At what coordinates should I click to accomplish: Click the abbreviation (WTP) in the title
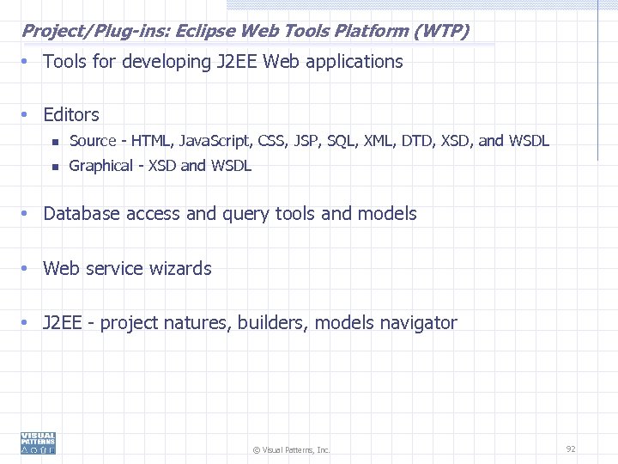pyautogui.click(x=441, y=32)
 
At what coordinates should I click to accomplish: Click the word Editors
pyautogui.click(x=71, y=114)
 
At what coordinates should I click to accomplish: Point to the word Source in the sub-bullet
pyautogui.click(x=92, y=141)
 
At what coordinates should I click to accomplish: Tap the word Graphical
pyautogui.click(x=100, y=166)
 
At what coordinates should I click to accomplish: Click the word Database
pyautogui.click(x=82, y=214)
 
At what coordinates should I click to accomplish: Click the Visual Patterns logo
pyautogui.click(x=39, y=443)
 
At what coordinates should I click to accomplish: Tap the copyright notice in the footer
pyautogui.click(x=291, y=449)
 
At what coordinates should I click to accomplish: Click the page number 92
pyautogui.click(x=571, y=449)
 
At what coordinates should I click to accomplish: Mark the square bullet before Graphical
pyautogui.click(x=53, y=167)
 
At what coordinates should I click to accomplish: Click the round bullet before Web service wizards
pyautogui.click(x=27, y=269)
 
